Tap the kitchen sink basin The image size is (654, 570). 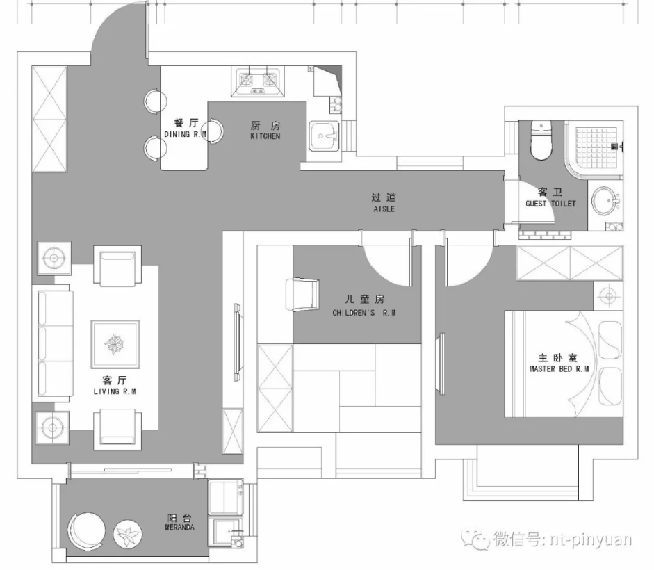pos(324,136)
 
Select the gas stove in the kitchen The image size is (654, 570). pos(258,82)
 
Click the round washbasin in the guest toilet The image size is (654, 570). pos(603,201)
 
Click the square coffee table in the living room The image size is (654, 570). pos(115,344)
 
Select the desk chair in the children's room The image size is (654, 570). pos(302,294)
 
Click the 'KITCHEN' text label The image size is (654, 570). pos(265,136)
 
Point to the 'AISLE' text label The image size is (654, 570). pos(384,209)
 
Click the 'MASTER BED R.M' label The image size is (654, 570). pos(559,369)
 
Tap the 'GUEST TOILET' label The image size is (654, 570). pos(550,204)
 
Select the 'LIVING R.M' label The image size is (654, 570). pos(115,391)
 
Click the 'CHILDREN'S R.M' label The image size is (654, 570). pos(364,313)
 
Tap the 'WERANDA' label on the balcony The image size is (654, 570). pos(179,528)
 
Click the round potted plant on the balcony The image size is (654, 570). pos(128,534)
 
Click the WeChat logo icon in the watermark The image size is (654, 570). pos(475,539)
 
